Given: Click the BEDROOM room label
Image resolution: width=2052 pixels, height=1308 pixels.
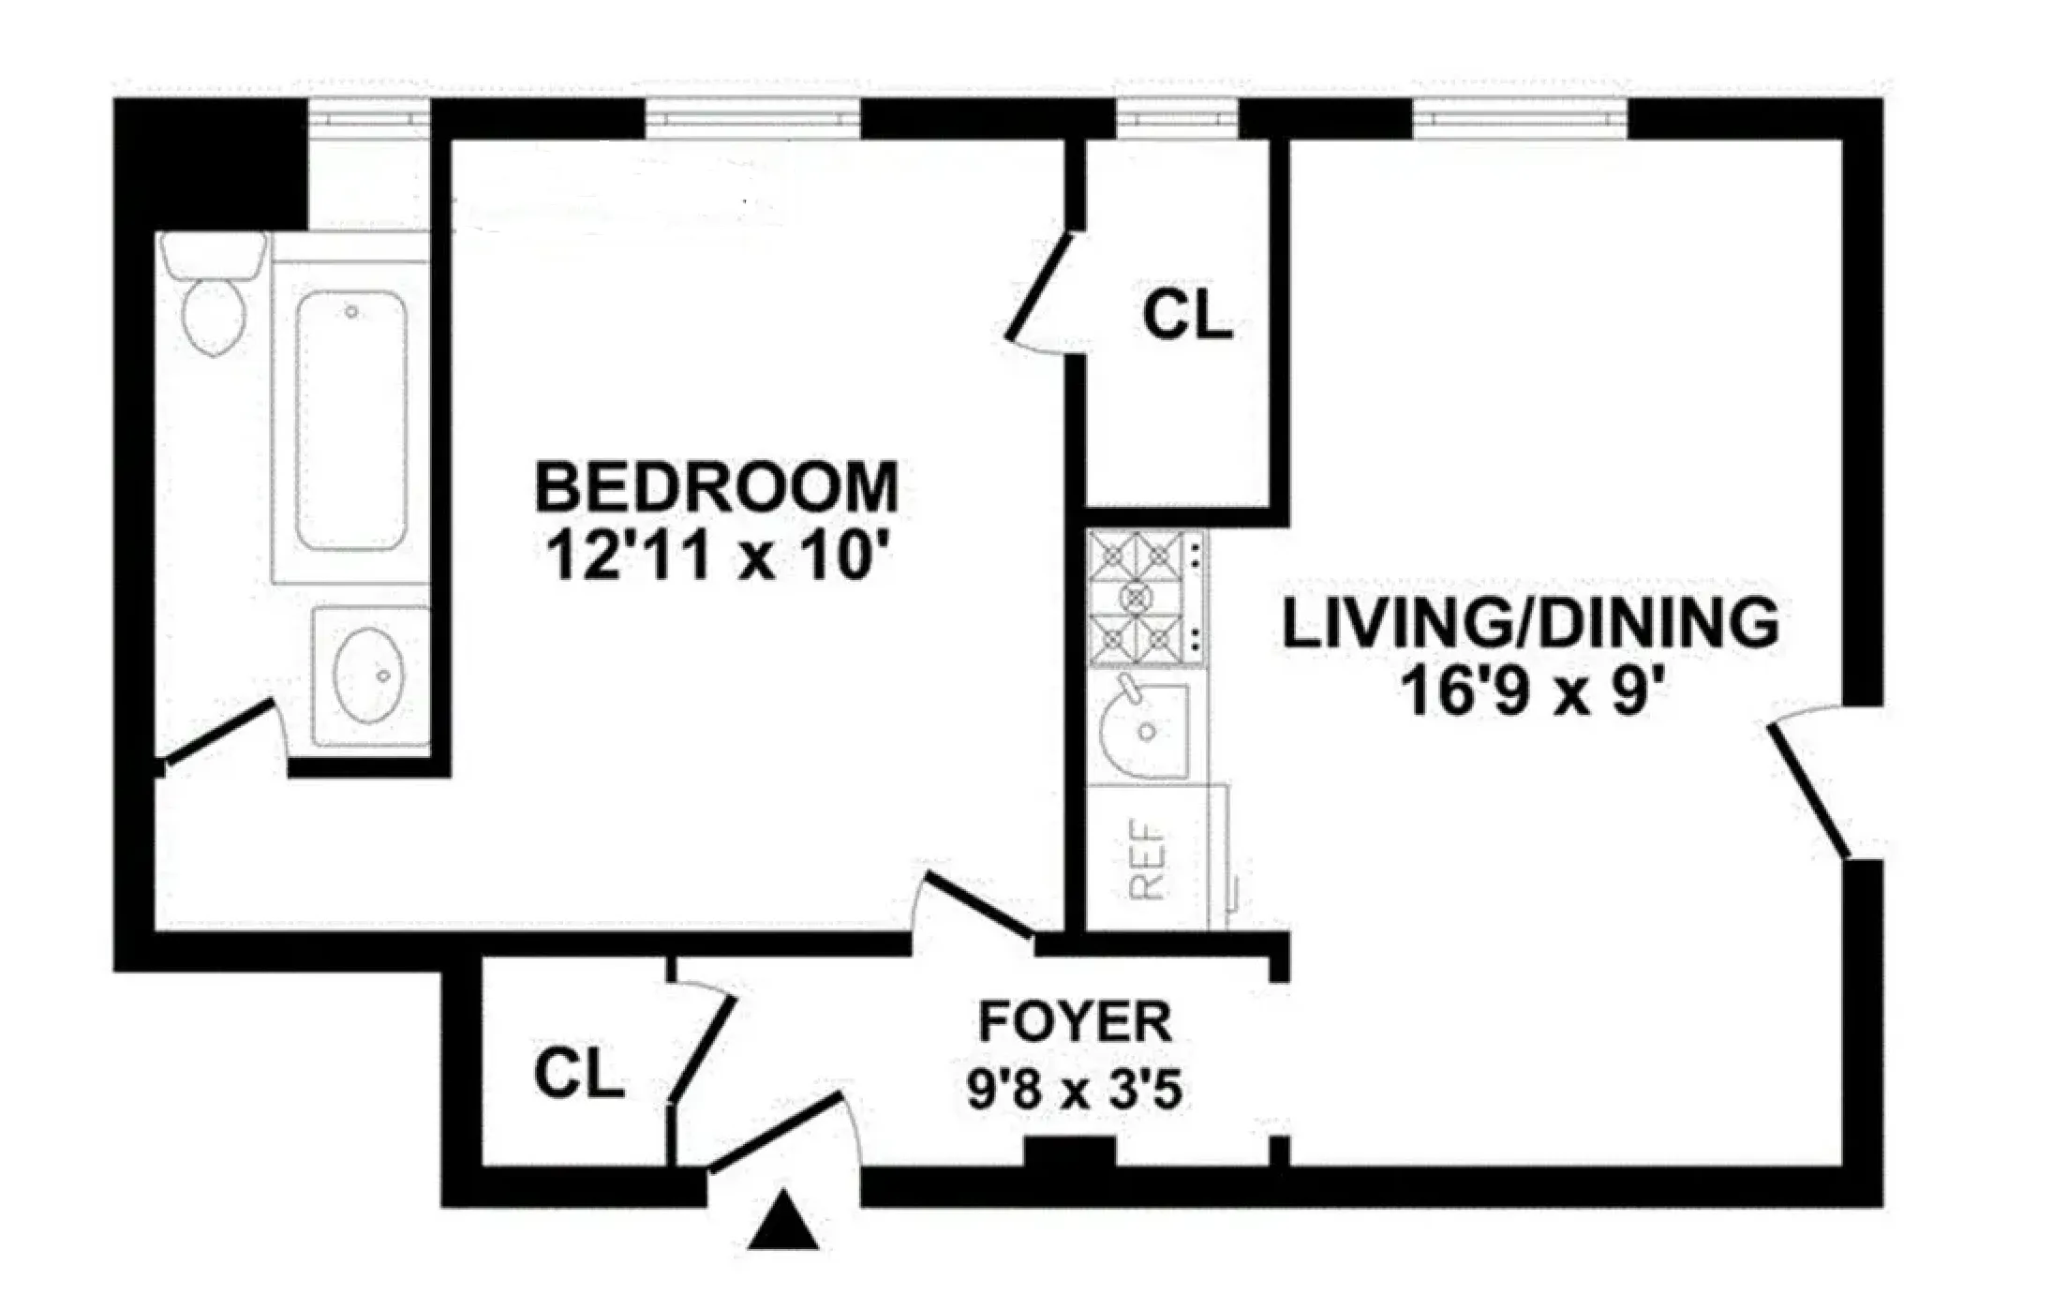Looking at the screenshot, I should coord(716,486).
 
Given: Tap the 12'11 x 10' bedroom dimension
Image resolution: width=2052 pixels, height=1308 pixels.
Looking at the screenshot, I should coord(716,557).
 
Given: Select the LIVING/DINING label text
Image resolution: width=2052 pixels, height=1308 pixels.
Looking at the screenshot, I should coord(1529,624).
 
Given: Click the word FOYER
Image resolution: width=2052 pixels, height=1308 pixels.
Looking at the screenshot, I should coord(1075,1022).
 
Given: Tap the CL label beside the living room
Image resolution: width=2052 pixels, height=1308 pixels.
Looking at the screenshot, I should coord(1186,316).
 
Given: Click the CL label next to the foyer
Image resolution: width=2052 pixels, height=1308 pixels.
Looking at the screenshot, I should coord(578,1074).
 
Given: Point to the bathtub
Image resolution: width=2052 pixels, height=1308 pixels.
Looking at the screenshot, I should coord(350,419).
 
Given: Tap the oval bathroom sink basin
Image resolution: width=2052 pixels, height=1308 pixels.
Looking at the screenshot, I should coord(368,676).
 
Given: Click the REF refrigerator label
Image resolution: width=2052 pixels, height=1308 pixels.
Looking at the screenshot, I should coord(1148,859).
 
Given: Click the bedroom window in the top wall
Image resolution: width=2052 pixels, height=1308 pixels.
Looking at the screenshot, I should coord(751,119).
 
